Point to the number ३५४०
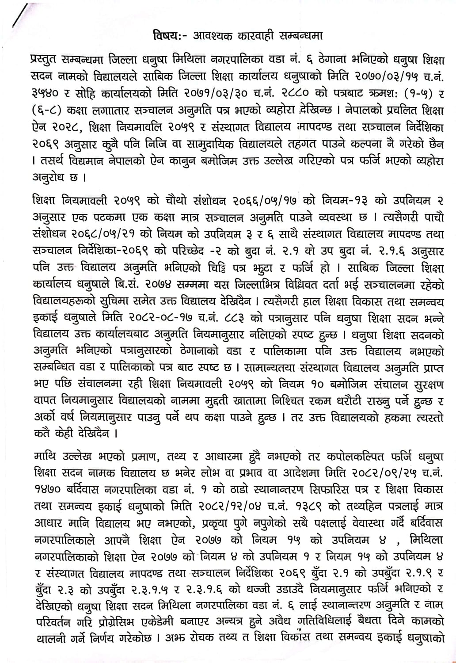[44, 92]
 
